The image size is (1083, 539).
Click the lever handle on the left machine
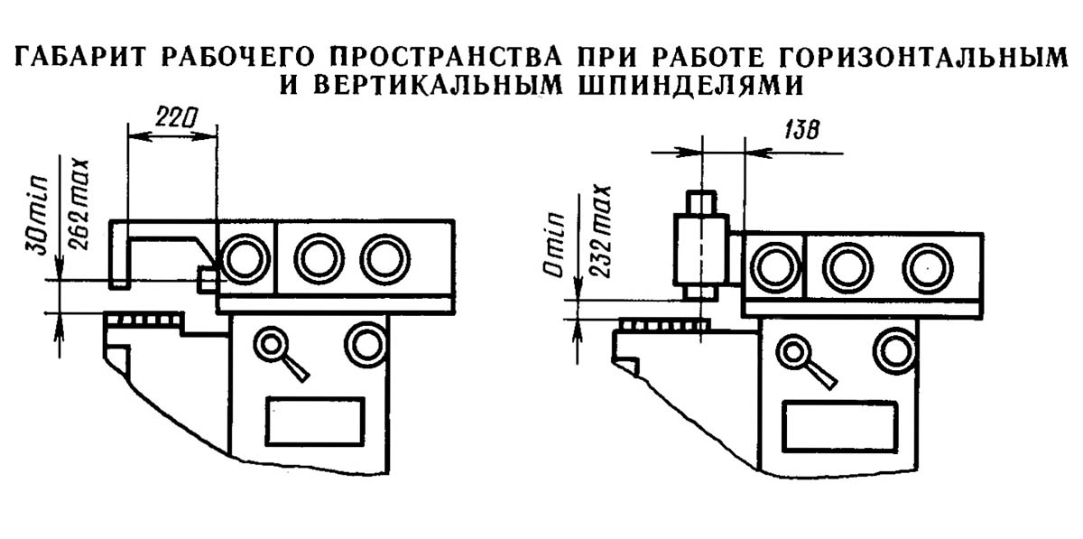pyautogui.click(x=282, y=353)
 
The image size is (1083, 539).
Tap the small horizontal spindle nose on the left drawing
pyautogui.click(x=207, y=280)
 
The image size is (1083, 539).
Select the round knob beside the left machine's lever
pyautogui.click(x=366, y=343)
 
